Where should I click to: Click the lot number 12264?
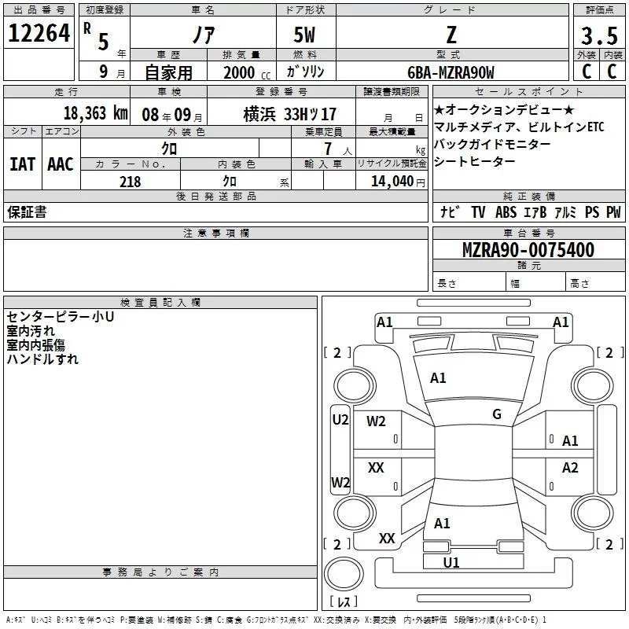coord(39,33)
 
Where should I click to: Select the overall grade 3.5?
coord(599,35)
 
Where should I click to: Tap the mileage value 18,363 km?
coord(96,113)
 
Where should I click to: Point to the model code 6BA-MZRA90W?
coord(451,72)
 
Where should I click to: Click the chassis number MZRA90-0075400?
coord(528,250)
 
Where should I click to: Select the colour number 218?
coord(130,182)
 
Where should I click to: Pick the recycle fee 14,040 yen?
coord(398,182)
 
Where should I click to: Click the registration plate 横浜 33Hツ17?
coord(289,114)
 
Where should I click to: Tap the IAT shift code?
coord(23,164)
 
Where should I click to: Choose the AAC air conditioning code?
coord(61,164)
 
